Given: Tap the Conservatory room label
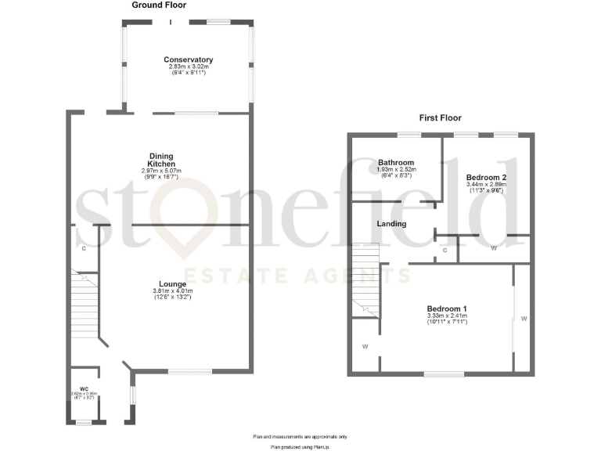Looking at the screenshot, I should pos(189,60).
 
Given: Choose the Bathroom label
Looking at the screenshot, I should pos(396,162).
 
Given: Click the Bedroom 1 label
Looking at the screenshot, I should pos(447,308).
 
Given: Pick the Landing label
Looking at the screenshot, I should pos(392,224).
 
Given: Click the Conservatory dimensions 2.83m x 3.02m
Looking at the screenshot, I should pos(189,67).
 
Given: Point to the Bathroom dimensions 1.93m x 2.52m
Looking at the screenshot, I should pos(396,169).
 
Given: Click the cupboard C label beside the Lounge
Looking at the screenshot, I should pos(83,247).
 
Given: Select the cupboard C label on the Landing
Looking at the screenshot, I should pos(445,251).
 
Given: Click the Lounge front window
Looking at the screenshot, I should pos(189,371).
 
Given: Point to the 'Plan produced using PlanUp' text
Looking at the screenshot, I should pos(300,446).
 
